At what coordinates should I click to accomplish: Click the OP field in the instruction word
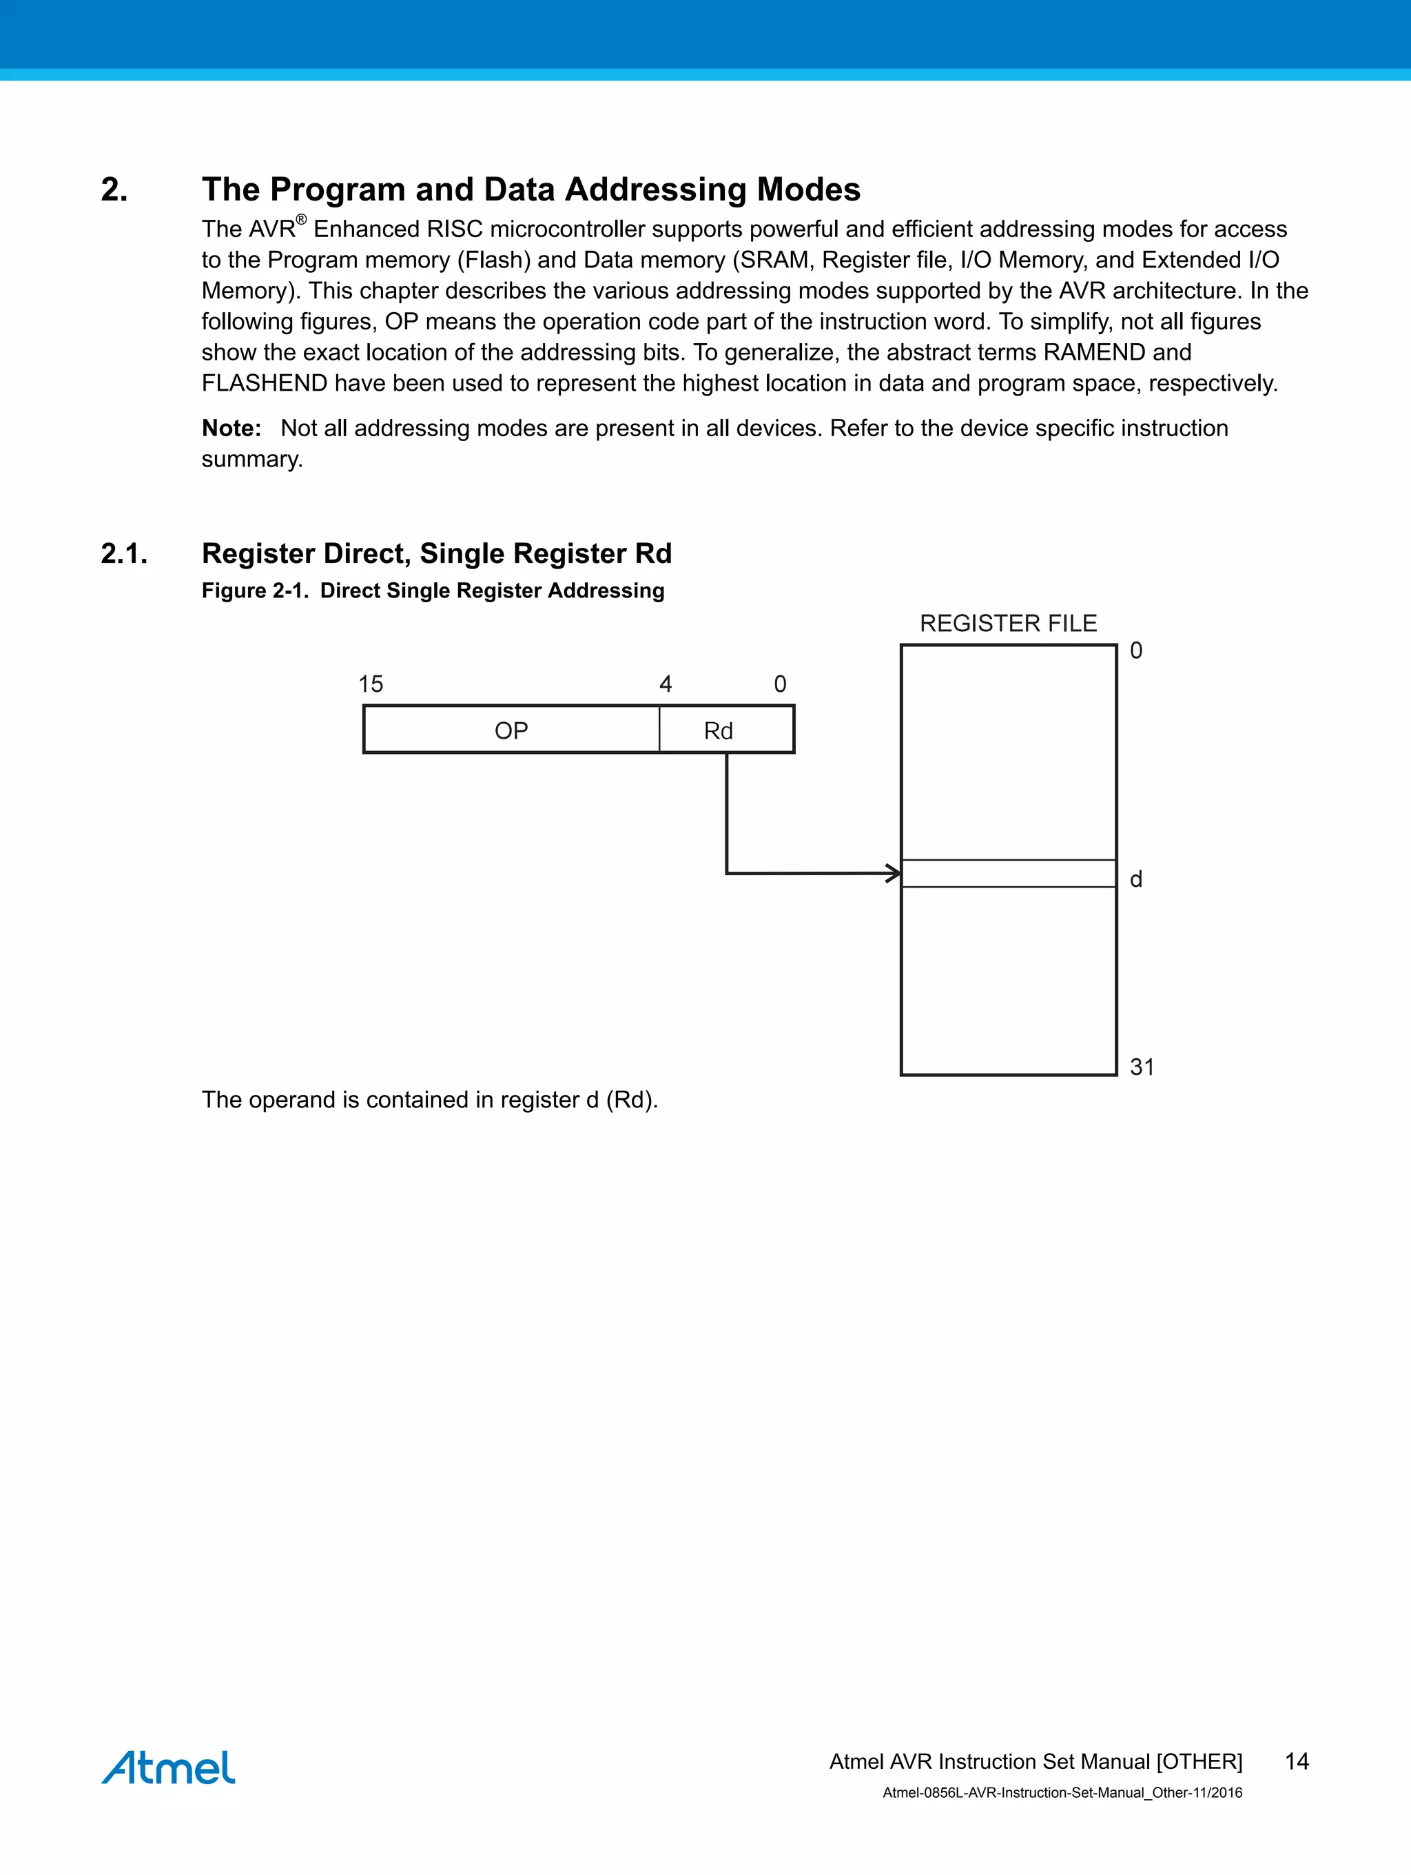(511, 730)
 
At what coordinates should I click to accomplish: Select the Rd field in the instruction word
(719, 730)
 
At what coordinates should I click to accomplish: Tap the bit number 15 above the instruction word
(371, 683)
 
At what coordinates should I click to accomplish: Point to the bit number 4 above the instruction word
(666, 683)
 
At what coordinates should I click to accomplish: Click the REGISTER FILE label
(1008, 623)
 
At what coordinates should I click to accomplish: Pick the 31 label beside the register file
(1142, 1066)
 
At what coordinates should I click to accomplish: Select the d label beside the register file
(1135, 879)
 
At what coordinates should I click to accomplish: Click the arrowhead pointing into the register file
(893, 872)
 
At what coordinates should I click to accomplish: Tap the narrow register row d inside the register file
(1008, 873)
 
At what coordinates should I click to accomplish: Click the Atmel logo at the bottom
(168, 1768)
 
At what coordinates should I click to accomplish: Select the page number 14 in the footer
(1297, 1761)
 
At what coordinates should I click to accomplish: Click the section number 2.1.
(124, 553)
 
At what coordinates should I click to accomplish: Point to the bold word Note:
(231, 428)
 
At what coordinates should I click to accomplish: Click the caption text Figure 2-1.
(254, 590)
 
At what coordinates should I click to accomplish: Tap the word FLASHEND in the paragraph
(264, 383)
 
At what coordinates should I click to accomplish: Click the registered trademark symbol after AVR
(301, 220)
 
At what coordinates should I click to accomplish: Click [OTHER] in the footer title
(1199, 1761)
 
